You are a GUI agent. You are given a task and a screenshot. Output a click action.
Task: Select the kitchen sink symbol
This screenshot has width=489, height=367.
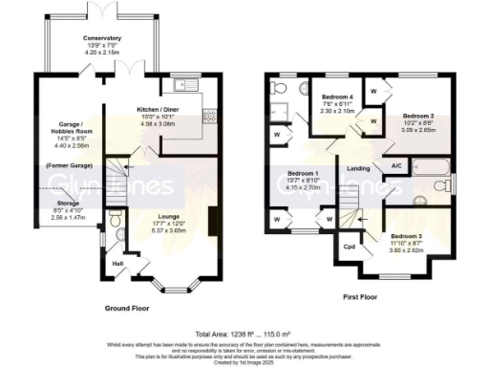(181, 85)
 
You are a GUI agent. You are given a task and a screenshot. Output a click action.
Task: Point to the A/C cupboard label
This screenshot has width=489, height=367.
(395, 166)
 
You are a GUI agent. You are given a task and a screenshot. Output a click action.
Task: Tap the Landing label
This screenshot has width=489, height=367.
(358, 170)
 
